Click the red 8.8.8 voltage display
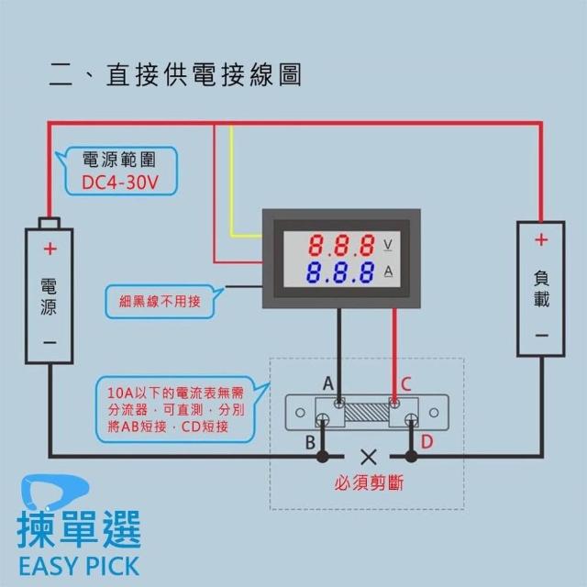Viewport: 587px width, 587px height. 340,245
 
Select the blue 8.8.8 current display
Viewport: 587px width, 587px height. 340,272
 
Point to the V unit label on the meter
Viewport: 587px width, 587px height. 388,245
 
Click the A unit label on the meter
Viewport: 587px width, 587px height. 388,271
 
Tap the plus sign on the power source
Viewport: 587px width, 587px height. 50,249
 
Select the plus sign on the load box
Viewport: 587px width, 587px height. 541,240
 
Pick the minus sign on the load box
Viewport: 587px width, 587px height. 541,336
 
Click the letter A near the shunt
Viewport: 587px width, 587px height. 327,382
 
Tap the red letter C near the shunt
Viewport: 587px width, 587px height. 405,382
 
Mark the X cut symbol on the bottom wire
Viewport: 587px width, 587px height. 369,456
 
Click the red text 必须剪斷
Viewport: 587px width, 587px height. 369,483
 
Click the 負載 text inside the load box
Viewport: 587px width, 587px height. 541,288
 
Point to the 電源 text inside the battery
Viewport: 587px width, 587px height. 50,296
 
